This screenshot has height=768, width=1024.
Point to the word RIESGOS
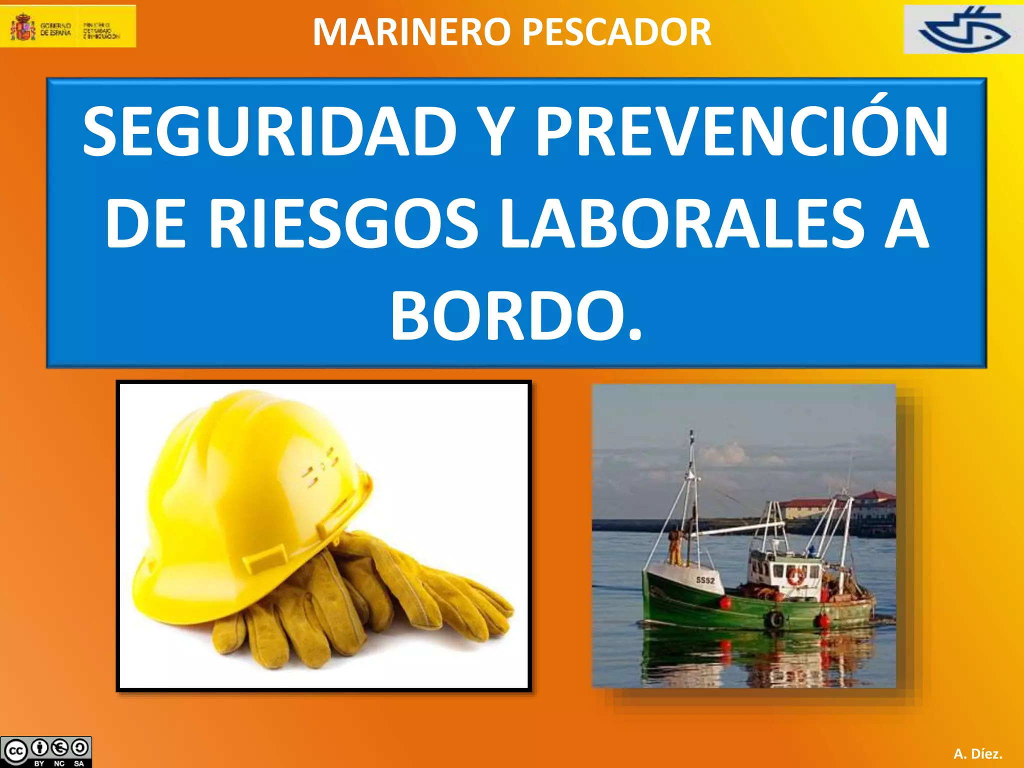(x=343, y=223)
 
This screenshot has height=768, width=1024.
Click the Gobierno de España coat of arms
(x=23, y=27)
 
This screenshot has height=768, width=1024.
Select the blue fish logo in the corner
(x=964, y=30)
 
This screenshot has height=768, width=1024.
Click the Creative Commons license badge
(x=46, y=751)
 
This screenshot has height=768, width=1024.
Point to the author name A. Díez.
(x=977, y=753)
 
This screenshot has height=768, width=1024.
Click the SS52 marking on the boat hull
(x=705, y=580)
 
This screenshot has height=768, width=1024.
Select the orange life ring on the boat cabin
(x=795, y=576)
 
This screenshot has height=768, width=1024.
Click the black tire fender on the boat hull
(x=775, y=619)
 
